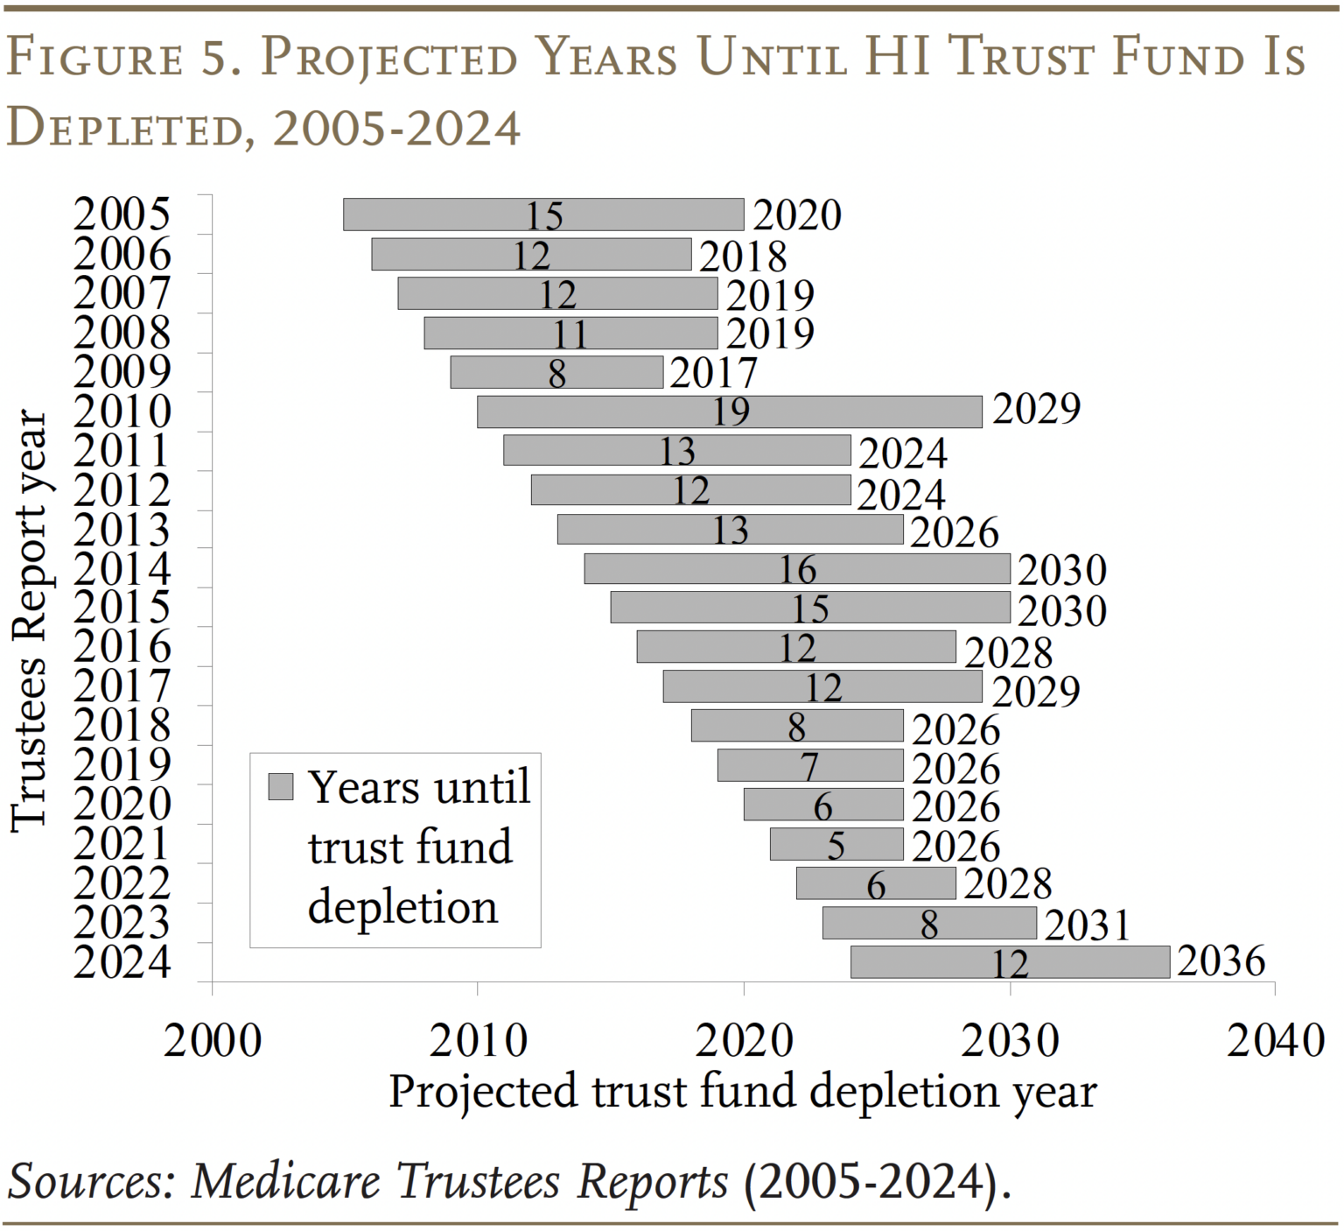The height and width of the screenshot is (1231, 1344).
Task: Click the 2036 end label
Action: pos(1221,960)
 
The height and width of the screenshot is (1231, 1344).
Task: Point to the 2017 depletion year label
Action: pos(712,373)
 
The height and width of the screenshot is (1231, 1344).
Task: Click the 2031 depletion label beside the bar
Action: pos(1088,925)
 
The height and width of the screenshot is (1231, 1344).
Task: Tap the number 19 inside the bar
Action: pos(731,412)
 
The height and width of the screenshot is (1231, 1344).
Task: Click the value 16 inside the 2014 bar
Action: pos(797,570)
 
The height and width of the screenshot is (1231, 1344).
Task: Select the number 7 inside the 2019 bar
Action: pos(809,767)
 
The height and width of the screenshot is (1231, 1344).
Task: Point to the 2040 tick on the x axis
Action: pos(1275,1040)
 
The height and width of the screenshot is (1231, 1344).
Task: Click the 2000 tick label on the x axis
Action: pos(213,1040)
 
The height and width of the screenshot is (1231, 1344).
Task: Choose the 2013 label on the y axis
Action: pos(122,530)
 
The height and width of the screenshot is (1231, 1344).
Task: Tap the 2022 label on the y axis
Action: pos(122,883)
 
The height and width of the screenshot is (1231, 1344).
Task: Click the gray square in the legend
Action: pos(280,786)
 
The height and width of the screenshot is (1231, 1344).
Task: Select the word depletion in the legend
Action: pos(402,907)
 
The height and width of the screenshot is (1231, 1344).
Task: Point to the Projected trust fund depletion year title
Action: pos(742,1091)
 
